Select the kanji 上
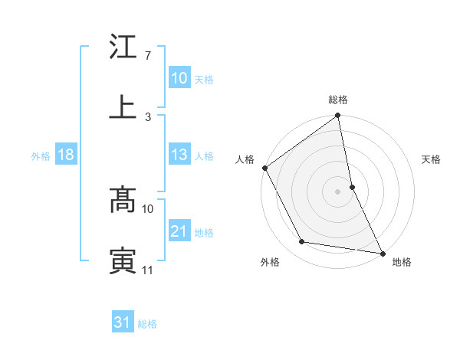[123, 108]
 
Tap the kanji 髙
[123, 201]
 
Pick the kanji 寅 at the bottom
[123, 260]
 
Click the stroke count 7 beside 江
[147, 57]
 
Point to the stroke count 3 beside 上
[147, 116]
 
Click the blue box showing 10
[179, 78]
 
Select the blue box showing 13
[179, 155]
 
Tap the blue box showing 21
[179, 231]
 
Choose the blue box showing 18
[66, 155]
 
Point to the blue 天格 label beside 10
[204, 79]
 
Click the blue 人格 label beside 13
[204, 155]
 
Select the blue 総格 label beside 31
[147, 323]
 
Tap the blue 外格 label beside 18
[41, 155]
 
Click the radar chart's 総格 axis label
[338, 100]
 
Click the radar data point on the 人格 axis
[265, 168]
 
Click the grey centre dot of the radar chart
[338, 191]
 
